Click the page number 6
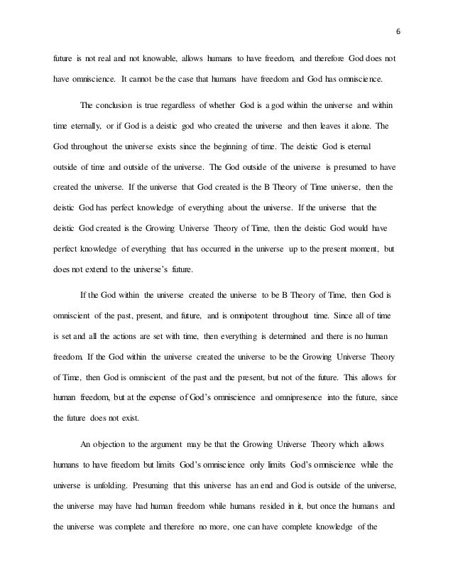pos(397,31)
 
